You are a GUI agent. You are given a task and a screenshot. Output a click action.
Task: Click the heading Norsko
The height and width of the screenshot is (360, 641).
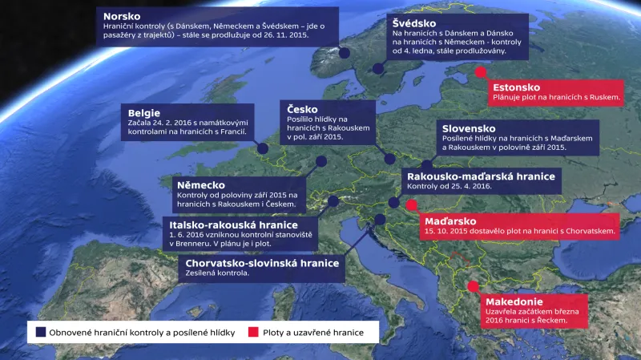(x=123, y=16)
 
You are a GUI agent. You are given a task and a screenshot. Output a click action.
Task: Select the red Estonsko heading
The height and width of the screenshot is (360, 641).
(x=517, y=87)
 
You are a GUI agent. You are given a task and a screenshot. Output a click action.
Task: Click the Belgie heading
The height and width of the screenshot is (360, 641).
(x=144, y=113)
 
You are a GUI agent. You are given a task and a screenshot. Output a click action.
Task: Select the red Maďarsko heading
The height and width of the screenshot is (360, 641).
(x=450, y=220)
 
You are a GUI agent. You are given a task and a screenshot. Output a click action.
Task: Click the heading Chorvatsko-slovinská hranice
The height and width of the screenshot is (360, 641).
(x=262, y=262)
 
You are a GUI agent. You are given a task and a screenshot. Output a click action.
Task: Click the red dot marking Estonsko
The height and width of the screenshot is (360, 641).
(x=480, y=72)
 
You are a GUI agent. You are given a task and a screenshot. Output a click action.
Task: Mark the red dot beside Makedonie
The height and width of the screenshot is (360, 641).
(x=473, y=286)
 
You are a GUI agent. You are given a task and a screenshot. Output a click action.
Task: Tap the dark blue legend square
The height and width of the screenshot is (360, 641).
(x=39, y=332)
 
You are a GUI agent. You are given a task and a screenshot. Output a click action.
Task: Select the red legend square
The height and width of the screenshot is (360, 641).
(x=254, y=332)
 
